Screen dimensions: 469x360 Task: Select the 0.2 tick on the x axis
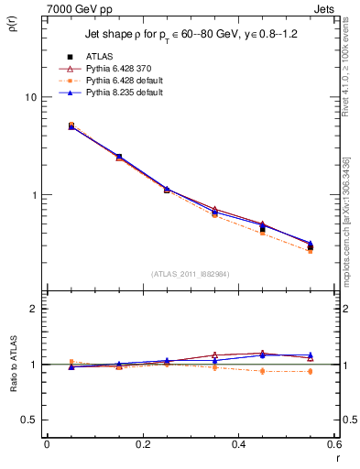coord(142,444)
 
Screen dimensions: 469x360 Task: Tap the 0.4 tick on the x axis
coord(239,444)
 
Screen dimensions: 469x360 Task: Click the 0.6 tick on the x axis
coord(334,444)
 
